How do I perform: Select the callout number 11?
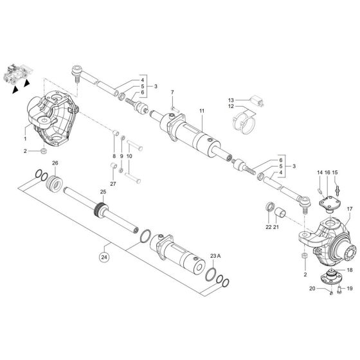pos(201,111)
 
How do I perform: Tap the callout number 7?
pos(172,94)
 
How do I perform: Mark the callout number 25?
pos(102,192)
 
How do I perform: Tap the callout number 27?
pos(114,184)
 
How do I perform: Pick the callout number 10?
pos(129,156)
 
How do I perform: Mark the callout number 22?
pos(269,226)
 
